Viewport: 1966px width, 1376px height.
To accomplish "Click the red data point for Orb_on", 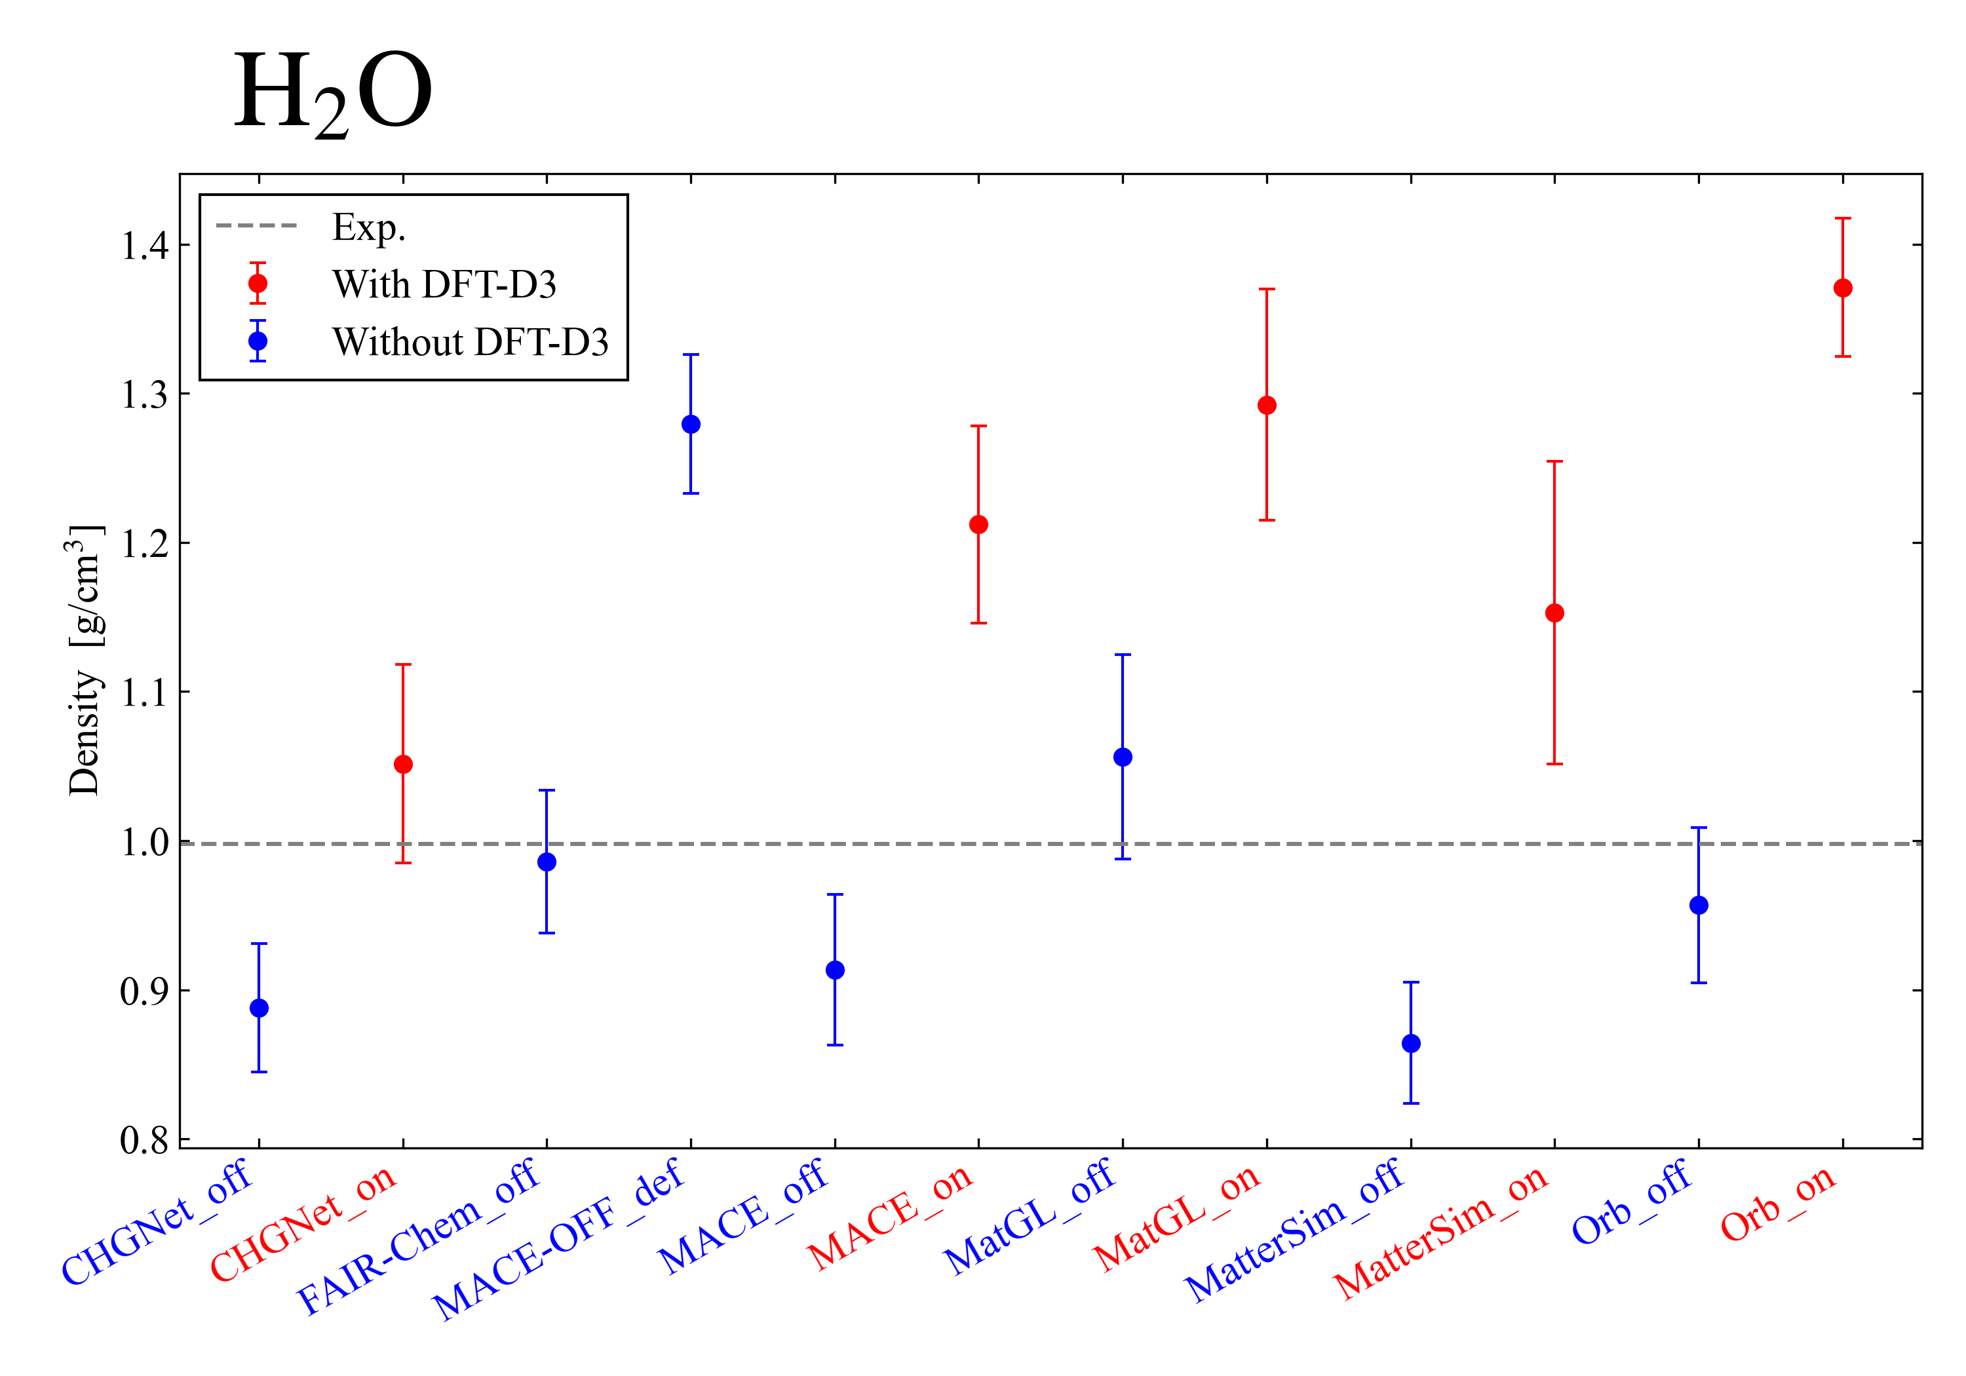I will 1843,288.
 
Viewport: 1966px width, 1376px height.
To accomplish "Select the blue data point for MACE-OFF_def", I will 691,425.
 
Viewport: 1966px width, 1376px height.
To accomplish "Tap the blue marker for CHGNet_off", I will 259,1008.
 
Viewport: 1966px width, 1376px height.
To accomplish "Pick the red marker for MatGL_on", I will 1267,406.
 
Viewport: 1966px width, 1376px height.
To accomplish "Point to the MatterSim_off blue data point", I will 1411,1044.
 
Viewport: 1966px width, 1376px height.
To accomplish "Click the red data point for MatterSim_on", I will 1555,613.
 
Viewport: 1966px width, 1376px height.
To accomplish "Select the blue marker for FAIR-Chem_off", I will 547,862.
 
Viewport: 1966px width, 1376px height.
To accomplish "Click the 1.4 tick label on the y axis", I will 144,246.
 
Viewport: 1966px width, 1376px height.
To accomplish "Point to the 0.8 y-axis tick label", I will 144,1141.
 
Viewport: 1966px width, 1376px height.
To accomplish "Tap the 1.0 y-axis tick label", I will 144,843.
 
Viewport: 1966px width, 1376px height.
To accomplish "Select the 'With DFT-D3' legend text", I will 444,284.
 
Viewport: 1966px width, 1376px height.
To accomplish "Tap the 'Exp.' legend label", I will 369,228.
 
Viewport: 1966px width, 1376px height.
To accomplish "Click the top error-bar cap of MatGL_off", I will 1123,655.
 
